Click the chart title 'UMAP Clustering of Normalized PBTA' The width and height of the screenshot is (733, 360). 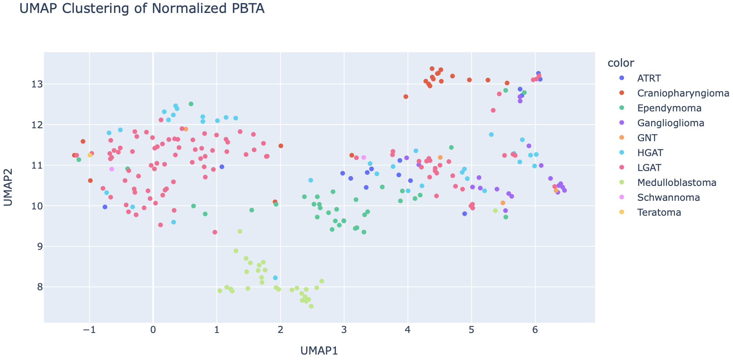tap(142, 9)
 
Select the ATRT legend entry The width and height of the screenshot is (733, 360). tap(649, 78)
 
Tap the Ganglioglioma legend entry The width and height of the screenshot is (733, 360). tap(670, 123)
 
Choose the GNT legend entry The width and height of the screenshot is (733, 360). tap(647, 138)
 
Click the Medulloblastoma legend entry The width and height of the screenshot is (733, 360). tap(677, 183)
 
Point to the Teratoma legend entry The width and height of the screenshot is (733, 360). tap(659, 213)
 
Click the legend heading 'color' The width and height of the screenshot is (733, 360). tap(621, 63)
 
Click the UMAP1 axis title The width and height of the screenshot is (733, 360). tap(319, 351)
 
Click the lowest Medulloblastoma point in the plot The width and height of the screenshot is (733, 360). tap(311, 306)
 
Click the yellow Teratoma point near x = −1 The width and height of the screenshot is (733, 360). tap(90, 155)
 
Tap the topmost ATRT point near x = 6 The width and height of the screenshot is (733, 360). tap(538, 74)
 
